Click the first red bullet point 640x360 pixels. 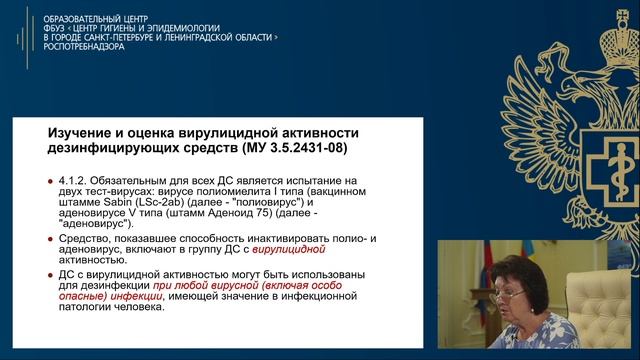pos(51,180)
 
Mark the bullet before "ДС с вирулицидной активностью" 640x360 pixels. pos(51,273)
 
